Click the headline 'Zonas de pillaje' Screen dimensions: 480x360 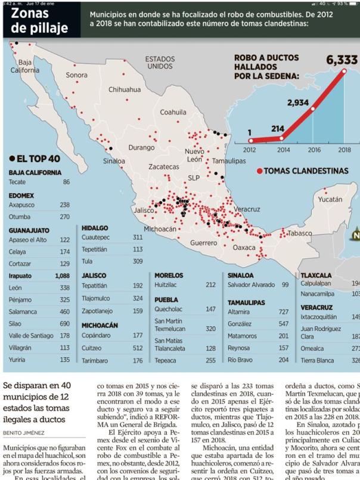(39, 20)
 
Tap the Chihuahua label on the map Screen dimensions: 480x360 (125, 89)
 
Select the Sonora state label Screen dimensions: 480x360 (76, 75)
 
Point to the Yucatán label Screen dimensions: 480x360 (330, 199)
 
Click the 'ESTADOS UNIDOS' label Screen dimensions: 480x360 (160, 63)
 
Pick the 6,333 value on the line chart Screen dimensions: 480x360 (342, 60)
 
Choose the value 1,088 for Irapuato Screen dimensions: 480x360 (62, 276)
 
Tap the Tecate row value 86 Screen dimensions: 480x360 (66, 182)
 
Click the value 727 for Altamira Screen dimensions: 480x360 (284, 312)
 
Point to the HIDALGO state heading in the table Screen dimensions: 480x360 (95, 228)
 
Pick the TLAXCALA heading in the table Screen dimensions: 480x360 (316, 275)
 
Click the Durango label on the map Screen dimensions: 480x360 (141, 147)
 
